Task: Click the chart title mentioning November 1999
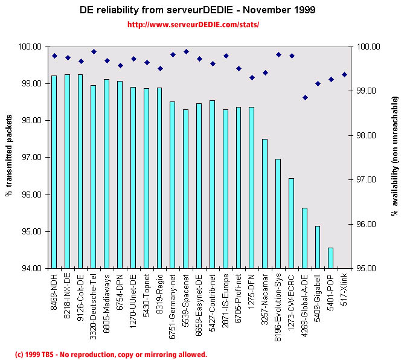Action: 197,10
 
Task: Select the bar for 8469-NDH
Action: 54,172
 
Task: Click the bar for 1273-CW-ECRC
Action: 291,223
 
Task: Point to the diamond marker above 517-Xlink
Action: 344,74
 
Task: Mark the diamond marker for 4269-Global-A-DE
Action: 305,97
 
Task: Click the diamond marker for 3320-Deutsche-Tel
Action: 94,51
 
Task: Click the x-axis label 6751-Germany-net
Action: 173,301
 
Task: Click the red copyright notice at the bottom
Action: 111,355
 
